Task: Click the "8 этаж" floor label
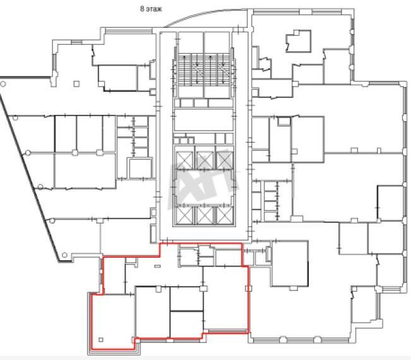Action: point(151,9)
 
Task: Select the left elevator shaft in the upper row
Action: point(184,160)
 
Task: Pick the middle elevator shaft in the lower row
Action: point(205,216)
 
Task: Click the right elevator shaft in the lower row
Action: point(225,216)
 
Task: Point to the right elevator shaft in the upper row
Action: point(225,160)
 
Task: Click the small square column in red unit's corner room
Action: point(101,340)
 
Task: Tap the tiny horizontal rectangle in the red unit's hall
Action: point(158,267)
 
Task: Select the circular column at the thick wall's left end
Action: point(3,84)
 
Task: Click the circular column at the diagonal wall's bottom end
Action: point(64,255)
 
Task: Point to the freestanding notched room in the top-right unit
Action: point(299,41)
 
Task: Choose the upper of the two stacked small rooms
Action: point(186,299)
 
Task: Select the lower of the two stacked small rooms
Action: point(186,325)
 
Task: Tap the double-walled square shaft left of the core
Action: point(140,169)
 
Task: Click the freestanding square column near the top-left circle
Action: point(76,83)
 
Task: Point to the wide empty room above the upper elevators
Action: point(203,120)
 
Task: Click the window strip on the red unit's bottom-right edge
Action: point(228,332)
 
